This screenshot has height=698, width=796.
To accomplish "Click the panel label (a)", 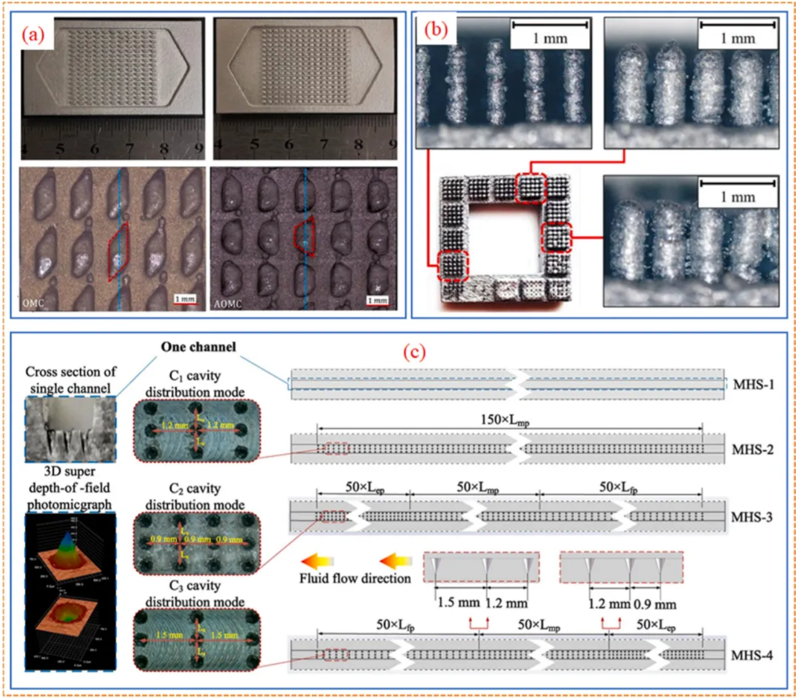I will (33, 35).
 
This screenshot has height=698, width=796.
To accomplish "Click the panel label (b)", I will (436, 29).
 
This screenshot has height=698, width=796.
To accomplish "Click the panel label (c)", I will (414, 352).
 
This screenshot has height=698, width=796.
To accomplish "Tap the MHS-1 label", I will (753, 384).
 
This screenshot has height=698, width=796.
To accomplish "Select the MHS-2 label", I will (752, 449).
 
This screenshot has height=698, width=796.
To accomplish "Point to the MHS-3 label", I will (752, 517).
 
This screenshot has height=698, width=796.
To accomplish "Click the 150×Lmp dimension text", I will (505, 420).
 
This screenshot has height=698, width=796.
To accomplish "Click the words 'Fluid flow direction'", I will (355, 578).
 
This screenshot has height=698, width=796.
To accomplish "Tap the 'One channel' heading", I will (199, 347).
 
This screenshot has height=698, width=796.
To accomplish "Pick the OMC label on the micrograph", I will (34, 303).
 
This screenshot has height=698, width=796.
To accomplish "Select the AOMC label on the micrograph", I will (228, 304).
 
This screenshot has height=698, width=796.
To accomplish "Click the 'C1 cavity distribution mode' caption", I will (195, 384).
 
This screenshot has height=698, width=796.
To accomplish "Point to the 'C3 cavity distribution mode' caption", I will (195, 594).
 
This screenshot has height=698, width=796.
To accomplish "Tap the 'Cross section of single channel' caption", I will (71, 380).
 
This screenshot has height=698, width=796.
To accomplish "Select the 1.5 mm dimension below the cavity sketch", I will (459, 603).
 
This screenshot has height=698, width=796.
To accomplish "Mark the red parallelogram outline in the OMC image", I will (118, 251).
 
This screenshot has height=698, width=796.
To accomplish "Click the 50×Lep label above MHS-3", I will (364, 487).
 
